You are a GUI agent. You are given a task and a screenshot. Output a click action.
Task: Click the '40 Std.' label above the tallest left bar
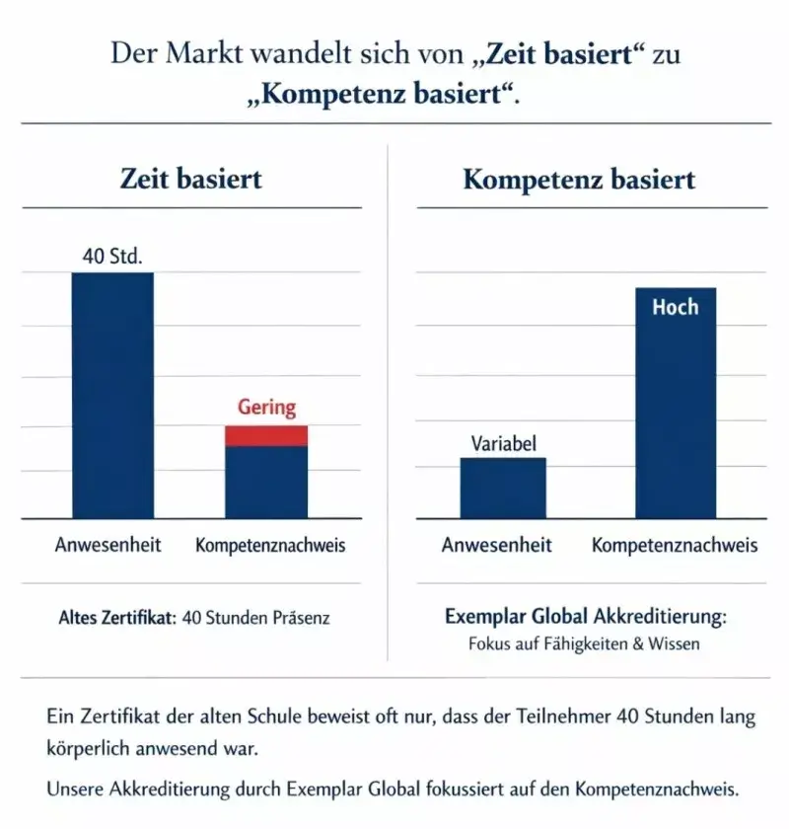click(x=112, y=257)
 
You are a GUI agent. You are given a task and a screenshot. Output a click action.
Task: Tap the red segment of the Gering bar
click(x=266, y=435)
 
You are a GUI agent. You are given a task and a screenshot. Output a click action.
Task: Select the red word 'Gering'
click(x=266, y=408)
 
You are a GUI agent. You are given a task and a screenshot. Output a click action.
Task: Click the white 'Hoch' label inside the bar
click(x=675, y=307)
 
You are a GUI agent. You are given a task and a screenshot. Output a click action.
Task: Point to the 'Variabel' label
click(x=503, y=444)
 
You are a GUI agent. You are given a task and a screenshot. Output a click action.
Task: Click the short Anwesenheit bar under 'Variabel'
click(x=503, y=488)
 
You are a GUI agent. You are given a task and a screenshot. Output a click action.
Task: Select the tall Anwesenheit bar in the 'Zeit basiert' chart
click(x=112, y=395)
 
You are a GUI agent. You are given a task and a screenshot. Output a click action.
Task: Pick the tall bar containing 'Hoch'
click(x=675, y=414)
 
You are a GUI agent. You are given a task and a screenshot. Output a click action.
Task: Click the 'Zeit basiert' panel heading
click(x=190, y=180)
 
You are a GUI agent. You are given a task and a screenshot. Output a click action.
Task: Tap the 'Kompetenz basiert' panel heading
click(x=579, y=180)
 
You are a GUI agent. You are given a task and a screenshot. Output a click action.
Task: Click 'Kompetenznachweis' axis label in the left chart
click(x=270, y=545)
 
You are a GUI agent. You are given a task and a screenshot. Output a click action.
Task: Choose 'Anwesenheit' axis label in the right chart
click(x=496, y=545)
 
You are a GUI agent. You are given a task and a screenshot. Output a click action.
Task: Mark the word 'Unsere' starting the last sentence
click(x=75, y=790)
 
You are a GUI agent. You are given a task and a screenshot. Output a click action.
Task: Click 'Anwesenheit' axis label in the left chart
click(x=108, y=545)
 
